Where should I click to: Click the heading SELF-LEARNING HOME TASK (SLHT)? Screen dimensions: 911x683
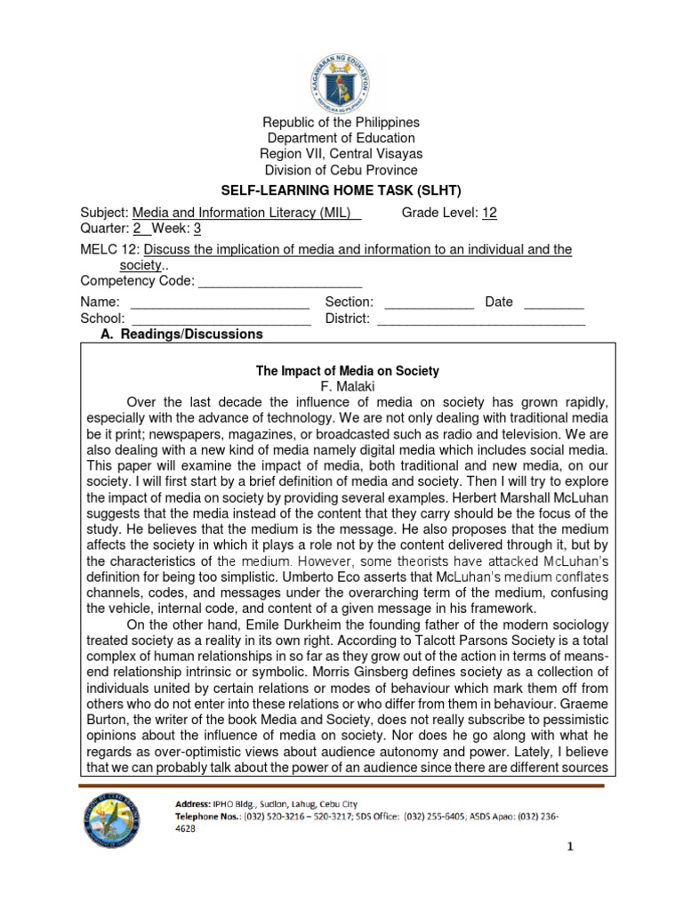coord(341,191)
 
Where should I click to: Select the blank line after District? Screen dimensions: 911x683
coord(481,318)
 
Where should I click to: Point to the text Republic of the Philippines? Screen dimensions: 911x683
coord(341,122)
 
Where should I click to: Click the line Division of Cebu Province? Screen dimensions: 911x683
coord(341,170)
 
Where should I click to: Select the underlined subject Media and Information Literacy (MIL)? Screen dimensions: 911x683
coord(246,213)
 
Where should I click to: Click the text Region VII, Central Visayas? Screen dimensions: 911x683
coord(341,154)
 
